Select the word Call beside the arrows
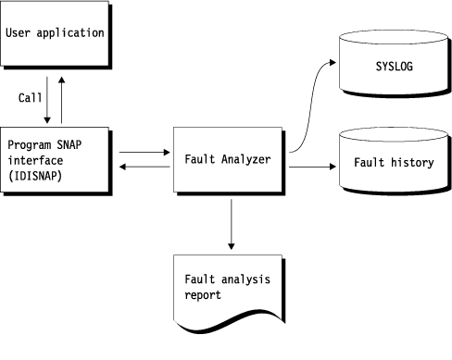(30, 97)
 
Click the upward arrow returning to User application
(61, 99)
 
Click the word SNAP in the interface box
(71, 145)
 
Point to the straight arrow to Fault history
(310, 168)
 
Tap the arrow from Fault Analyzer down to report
(230, 222)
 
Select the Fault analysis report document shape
(228, 287)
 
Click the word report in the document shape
(201, 296)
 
